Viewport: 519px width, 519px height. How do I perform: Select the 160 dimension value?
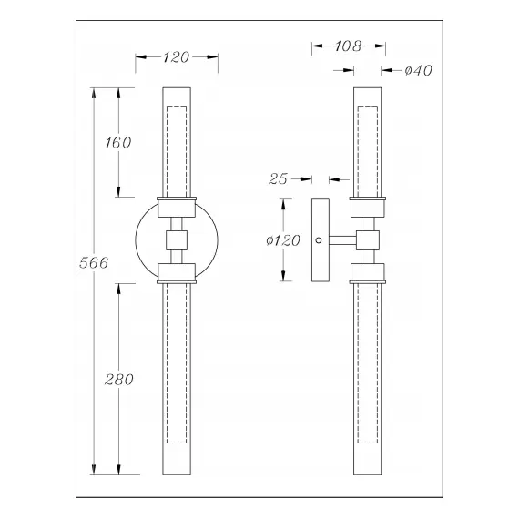click(x=118, y=142)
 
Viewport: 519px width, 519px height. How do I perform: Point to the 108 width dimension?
click(x=348, y=45)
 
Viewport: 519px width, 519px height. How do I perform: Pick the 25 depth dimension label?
click(x=279, y=179)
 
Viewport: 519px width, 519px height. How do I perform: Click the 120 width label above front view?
click(x=176, y=57)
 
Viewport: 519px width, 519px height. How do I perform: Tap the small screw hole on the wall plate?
click(x=318, y=241)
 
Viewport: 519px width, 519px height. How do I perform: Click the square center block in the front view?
click(x=176, y=241)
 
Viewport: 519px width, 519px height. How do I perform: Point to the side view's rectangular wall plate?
click(x=319, y=241)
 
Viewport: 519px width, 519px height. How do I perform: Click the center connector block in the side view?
click(x=368, y=241)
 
